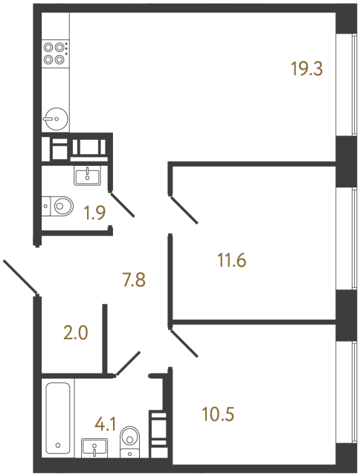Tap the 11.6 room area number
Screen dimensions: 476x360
tap(231, 261)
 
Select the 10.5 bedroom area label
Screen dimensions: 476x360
tap(218, 412)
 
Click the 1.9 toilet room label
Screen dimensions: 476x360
tap(94, 213)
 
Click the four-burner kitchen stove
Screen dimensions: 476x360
tap(55, 54)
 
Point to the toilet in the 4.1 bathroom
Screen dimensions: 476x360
tap(131, 440)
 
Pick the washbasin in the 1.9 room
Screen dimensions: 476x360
tap(88, 176)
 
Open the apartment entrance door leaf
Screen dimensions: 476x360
tap(20, 276)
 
